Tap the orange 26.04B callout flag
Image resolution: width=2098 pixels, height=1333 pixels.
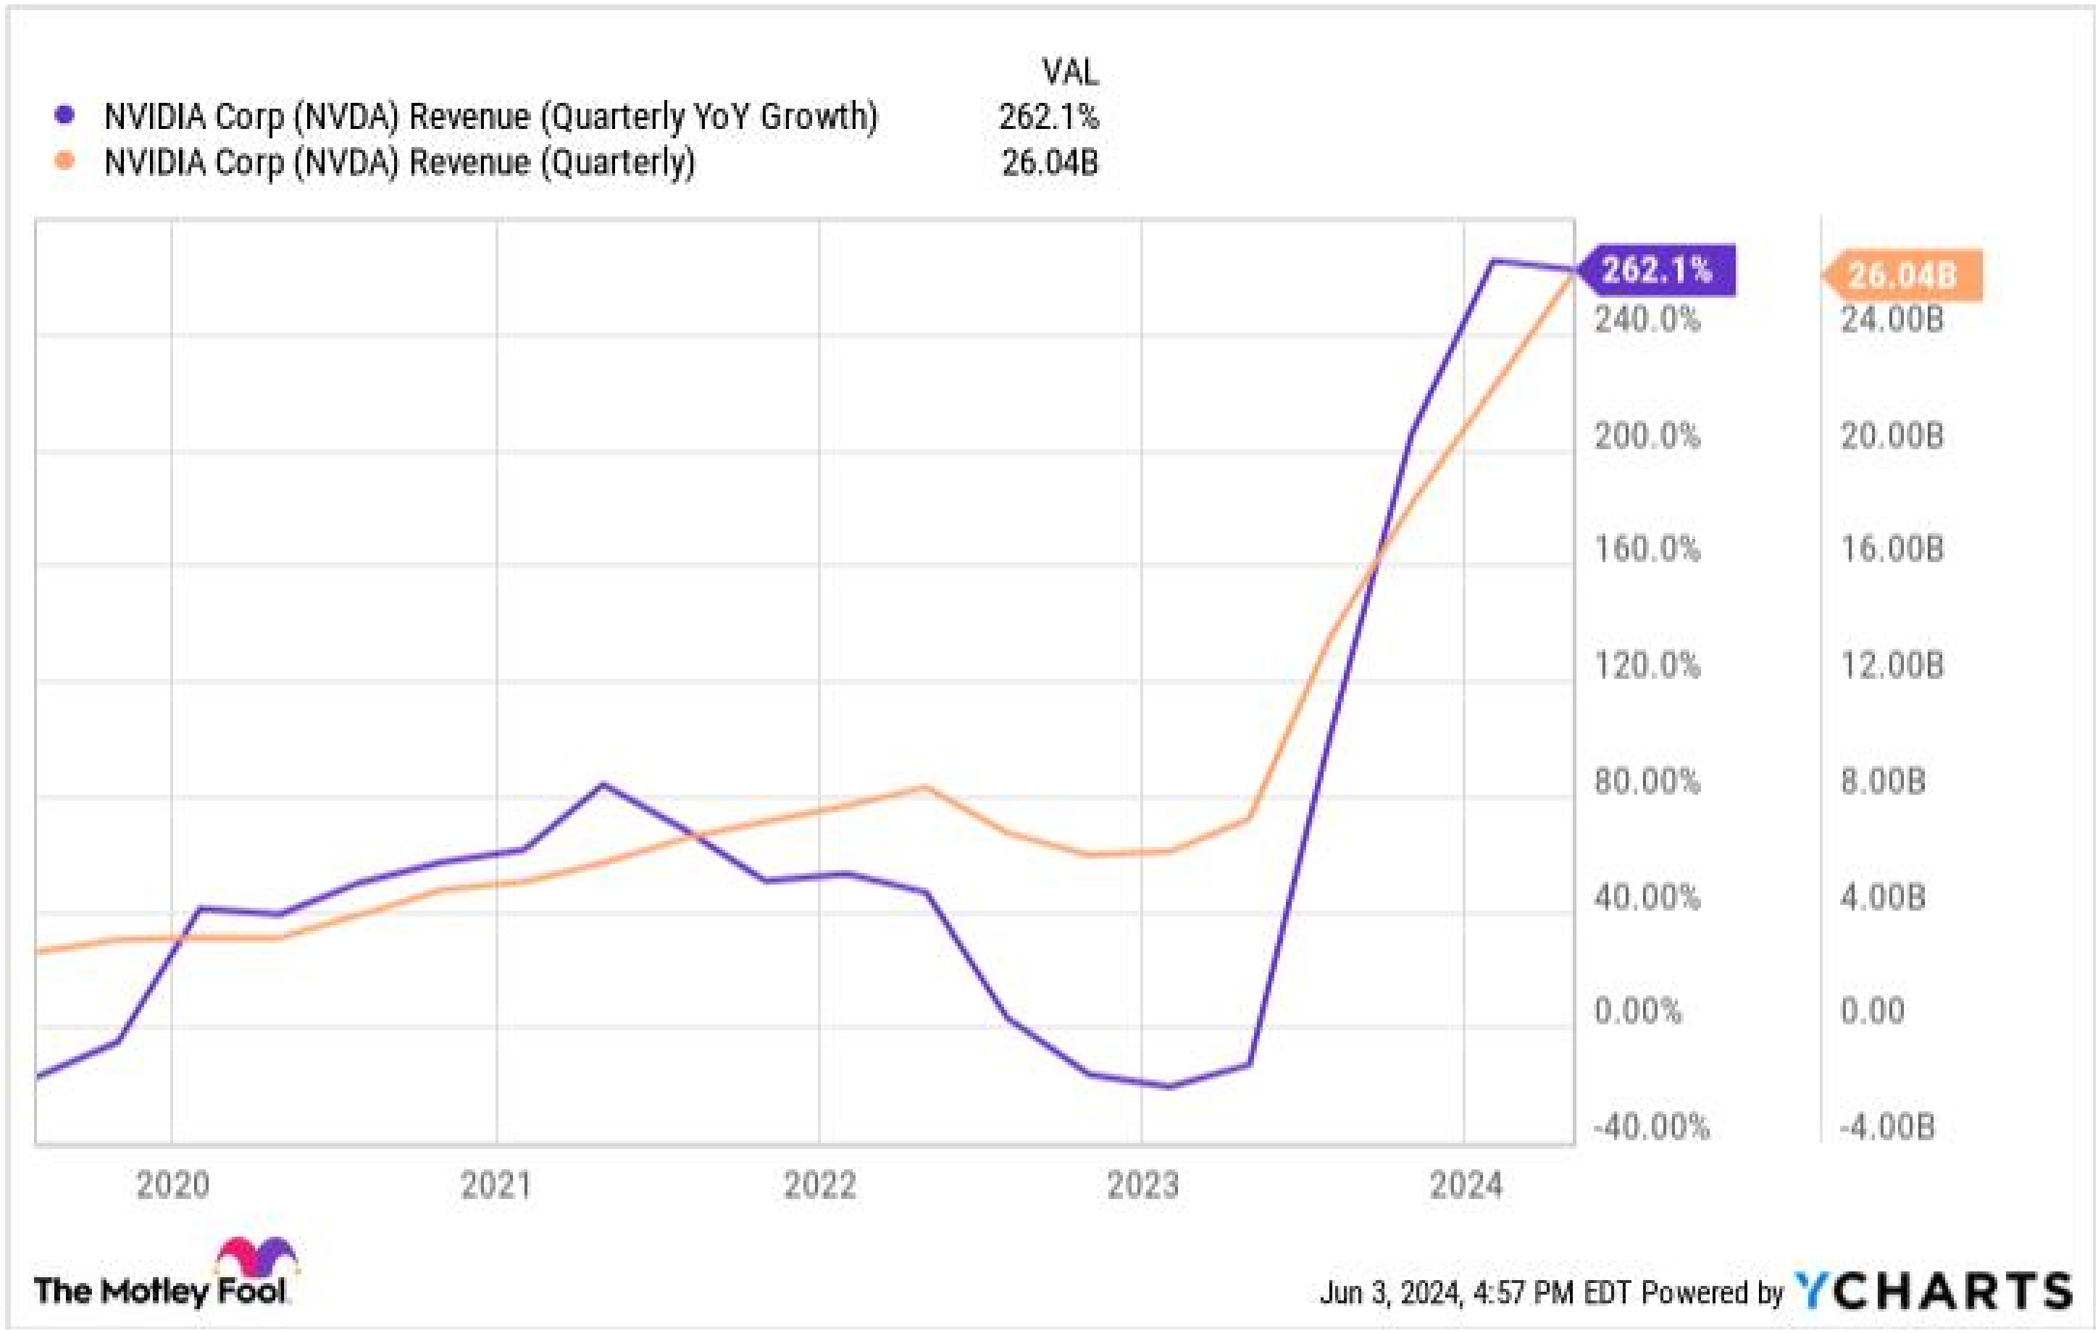pyautogui.click(x=1903, y=276)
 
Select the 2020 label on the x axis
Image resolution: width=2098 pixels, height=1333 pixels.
pyautogui.click(x=172, y=1186)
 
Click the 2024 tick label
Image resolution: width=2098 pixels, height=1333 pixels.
pyautogui.click(x=1466, y=1186)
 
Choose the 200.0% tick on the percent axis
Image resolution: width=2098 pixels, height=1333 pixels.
pyautogui.click(x=1647, y=435)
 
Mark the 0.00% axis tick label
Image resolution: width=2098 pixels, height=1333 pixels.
pyautogui.click(x=1637, y=1011)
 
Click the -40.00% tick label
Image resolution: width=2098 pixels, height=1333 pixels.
pyautogui.click(x=1651, y=1127)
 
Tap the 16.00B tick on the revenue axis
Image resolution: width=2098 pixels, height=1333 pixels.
pyautogui.click(x=1892, y=550)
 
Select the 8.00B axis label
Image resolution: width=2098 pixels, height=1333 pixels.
pyautogui.click(x=1882, y=782)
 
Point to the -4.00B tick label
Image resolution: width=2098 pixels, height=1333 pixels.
pyautogui.click(x=1886, y=1127)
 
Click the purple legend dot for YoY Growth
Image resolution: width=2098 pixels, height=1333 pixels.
pyautogui.click(x=64, y=115)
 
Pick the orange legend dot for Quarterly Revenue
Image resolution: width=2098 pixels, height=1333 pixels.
pyautogui.click(x=64, y=161)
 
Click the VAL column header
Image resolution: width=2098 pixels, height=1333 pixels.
pyautogui.click(x=1070, y=72)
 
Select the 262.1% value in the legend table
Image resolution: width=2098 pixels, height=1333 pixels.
pyautogui.click(x=1049, y=117)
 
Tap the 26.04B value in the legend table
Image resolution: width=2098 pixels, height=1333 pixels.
pyautogui.click(x=1050, y=163)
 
